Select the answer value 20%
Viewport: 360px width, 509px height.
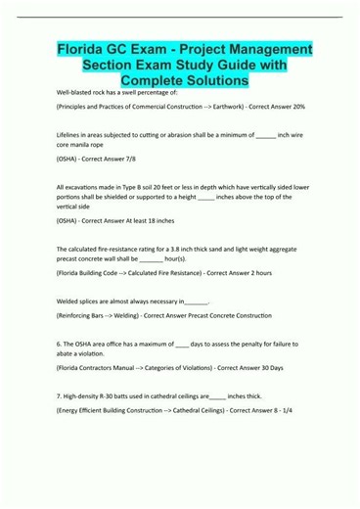(x=298, y=105)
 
